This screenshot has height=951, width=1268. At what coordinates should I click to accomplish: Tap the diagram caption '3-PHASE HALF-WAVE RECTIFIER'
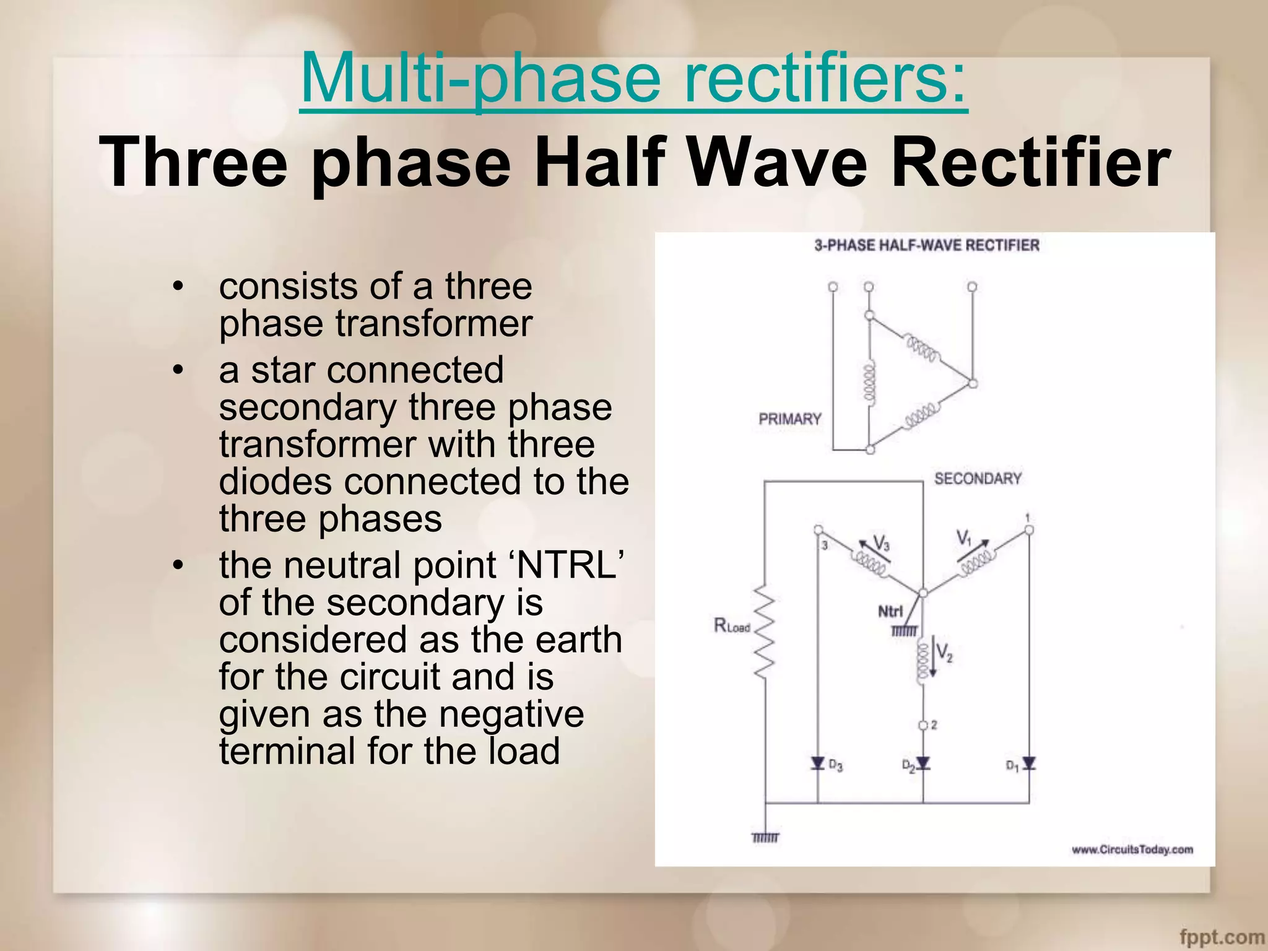(926, 246)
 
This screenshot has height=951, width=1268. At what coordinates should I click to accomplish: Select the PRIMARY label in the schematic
(789, 419)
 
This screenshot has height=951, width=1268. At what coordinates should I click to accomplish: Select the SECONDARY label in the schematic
(977, 479)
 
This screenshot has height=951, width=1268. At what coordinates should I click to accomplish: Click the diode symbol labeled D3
(818, 763)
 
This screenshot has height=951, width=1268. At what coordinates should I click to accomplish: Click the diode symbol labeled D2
(923, 763)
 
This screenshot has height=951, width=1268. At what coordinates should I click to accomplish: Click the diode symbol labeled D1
(1029, 763)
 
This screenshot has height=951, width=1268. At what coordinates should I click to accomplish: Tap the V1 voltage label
(964, 538)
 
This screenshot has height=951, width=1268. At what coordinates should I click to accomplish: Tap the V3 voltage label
(881, 544)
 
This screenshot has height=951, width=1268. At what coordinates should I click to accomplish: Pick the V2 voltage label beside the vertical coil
(944, 653)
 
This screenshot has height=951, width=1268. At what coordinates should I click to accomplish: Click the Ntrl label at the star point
(890, 612)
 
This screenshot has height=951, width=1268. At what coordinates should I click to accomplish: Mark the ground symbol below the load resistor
(765, 838)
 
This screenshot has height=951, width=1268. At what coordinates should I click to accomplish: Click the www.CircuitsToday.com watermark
(1132, 849)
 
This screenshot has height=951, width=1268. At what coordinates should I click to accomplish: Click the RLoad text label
(731, 626)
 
